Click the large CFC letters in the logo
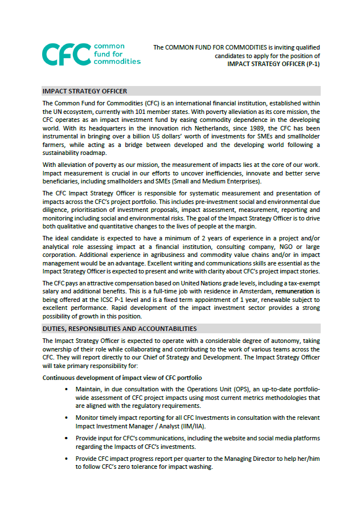pos(66,54)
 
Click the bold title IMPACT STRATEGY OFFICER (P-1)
pos(274,64)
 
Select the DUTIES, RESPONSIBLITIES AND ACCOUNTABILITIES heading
pos(120,329)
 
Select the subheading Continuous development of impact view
pos(122,378)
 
